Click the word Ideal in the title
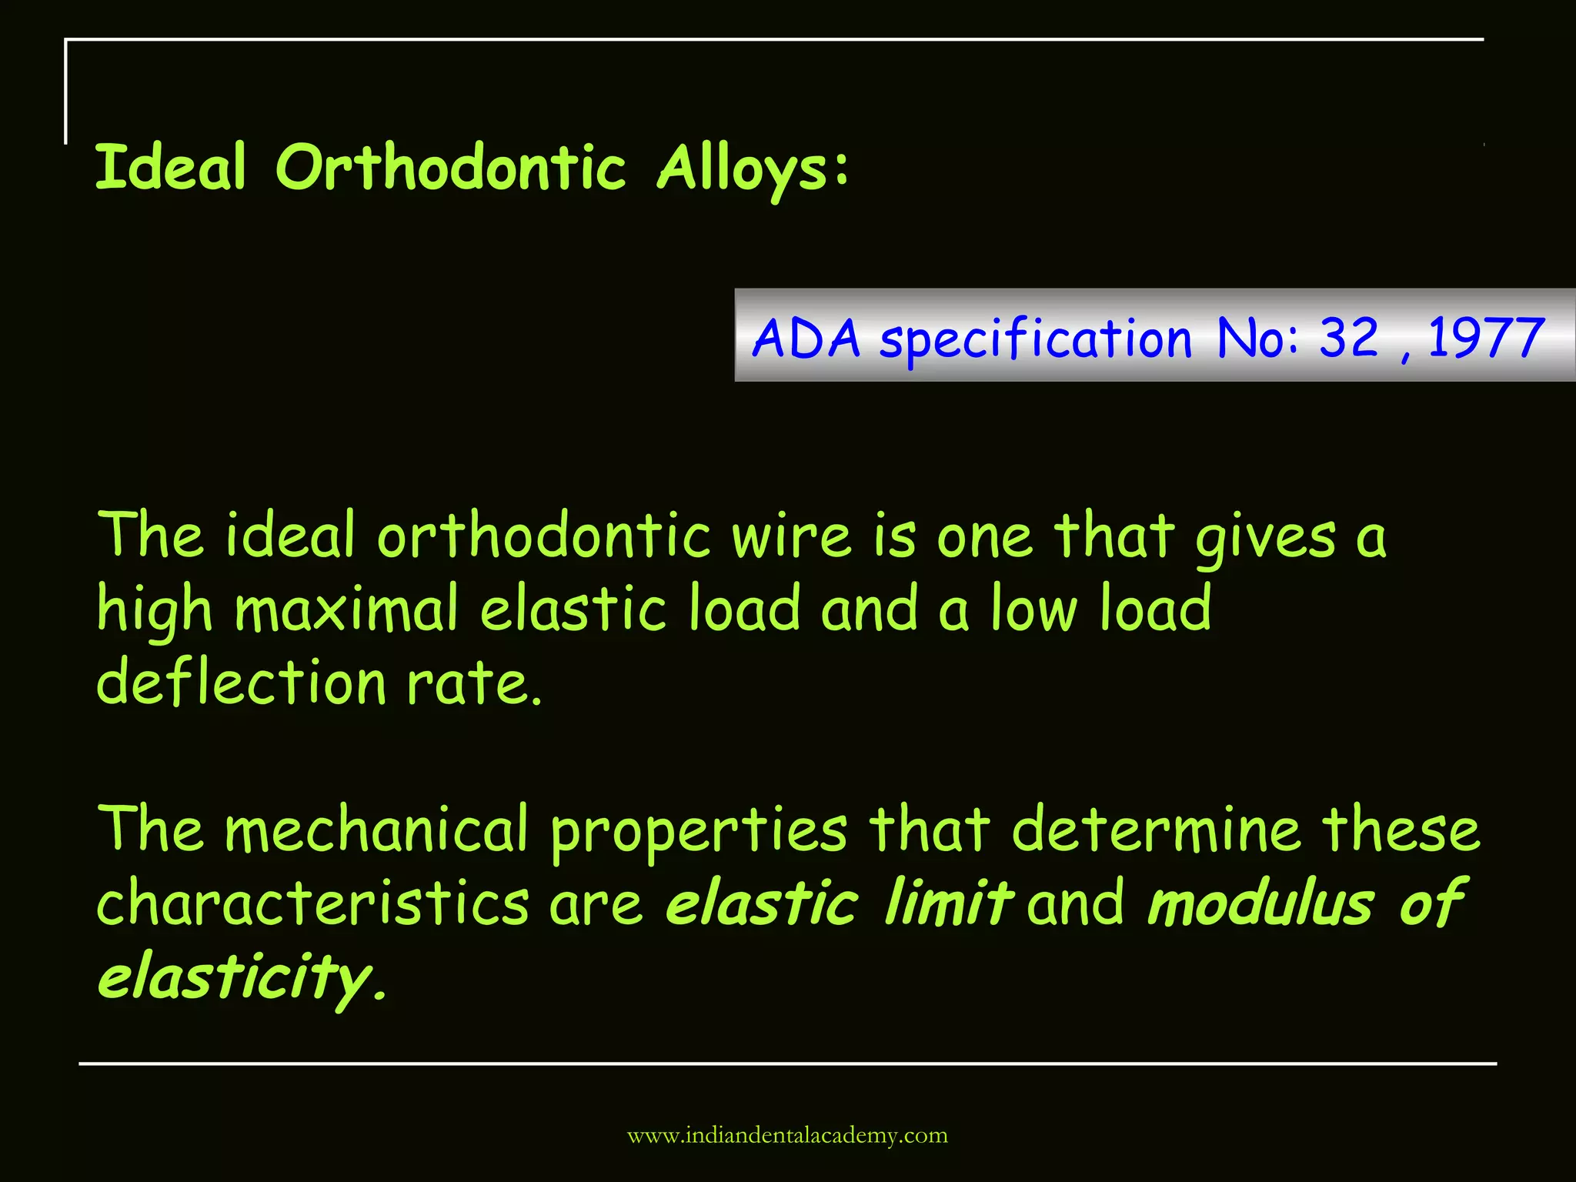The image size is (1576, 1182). click(170, 167)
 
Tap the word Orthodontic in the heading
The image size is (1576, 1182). click(450, 167)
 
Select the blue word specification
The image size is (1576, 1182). click(1036, 340)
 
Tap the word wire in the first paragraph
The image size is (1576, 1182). click(791, 536)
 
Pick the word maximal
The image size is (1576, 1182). click(346, 609)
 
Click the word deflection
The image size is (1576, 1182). click(241, 683)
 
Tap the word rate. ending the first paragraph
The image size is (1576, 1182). click(474, 684)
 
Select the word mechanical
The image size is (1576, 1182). click(376, 830)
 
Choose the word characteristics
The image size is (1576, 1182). click(312, 903)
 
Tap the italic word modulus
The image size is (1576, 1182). click(1260, 903)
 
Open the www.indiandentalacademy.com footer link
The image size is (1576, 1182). click(787, 1135)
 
